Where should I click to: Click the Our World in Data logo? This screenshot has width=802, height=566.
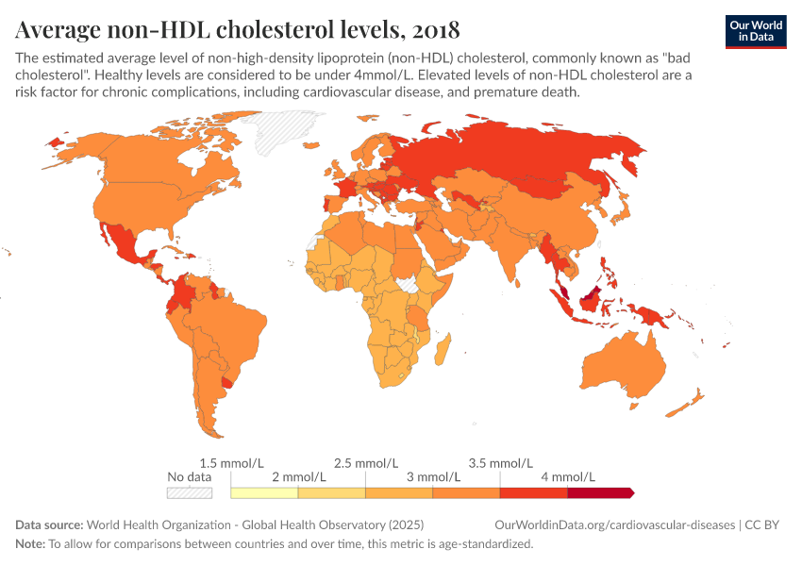tap(756, 31)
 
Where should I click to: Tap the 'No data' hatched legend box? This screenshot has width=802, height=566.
tap(189, 492)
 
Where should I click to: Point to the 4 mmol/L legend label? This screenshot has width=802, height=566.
tap(567, 477)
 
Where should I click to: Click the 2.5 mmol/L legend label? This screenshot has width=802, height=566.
tap(365, 463)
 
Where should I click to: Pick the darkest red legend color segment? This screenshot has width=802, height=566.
tap(599, 492)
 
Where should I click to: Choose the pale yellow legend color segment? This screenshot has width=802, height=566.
tap(264, 492)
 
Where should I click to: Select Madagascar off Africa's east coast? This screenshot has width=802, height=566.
tap(441, 356)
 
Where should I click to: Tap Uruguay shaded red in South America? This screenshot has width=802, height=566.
tap(226, 382)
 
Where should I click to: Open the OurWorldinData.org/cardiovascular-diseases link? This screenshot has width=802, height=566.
tap(614, 524)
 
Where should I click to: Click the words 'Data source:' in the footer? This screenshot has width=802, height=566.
tap(49, 524)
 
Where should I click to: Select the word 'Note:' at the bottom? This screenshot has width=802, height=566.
tap(30, 544)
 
